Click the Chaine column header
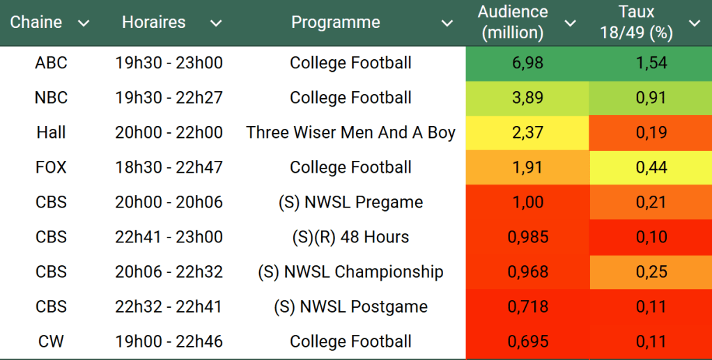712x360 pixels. pos(36,22)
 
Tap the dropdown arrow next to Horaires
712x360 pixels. pos(216,23)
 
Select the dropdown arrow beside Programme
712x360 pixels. pos(447,23)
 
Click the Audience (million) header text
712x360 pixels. pos(513,22)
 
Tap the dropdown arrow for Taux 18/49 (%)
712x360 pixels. pos(694,23)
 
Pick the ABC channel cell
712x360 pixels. pos(51,63)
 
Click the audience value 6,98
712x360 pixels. pos(527,63)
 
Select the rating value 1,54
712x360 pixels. pos(651,63)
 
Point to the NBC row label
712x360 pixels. pos(51,97)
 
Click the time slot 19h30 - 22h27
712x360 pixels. pos(169,97)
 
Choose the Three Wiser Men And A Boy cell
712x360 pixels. pos(350,132)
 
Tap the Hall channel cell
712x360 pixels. pos(51,132)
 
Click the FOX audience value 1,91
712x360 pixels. pos(527,167)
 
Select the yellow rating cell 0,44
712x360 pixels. pos(651,167)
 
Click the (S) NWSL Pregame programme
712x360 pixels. pos(350,202)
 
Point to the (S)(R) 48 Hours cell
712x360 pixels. pos(350,237)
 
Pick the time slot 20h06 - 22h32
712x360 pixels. pos(169,272)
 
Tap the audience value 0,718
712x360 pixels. pos(527,306)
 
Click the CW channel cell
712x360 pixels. pos(51,341)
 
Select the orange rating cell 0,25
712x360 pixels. pos(651,272)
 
